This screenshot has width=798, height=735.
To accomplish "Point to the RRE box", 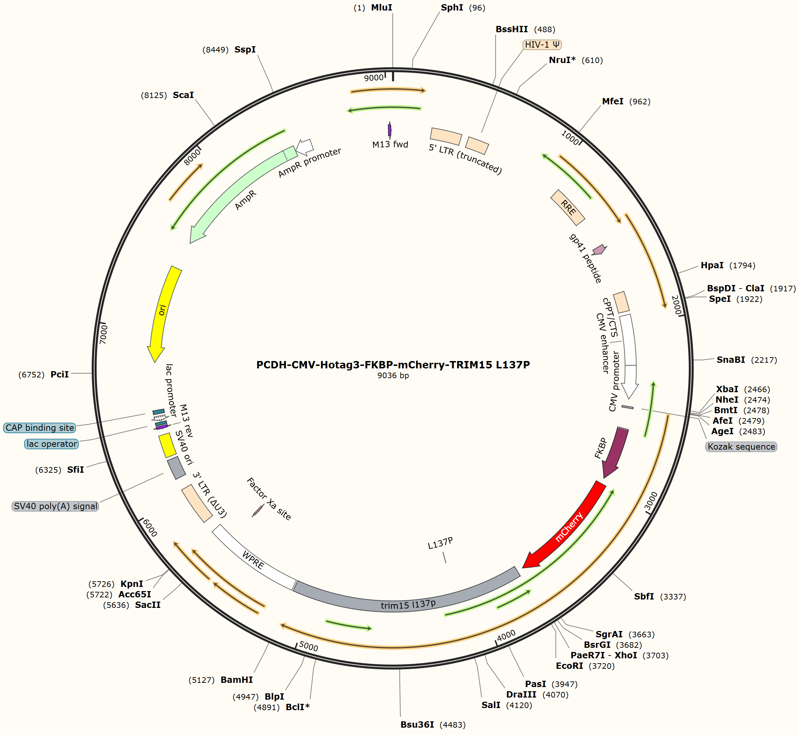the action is [x=568, y=207].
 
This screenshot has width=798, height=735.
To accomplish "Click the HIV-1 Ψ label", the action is [x=542, y=44].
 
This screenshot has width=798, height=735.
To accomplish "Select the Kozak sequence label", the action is [x=741, y=447].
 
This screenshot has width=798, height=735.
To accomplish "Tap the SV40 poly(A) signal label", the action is [x=55, y=506].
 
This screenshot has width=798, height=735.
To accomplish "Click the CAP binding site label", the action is [x=40, y=428].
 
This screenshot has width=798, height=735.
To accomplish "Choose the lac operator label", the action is [x=52, y=444].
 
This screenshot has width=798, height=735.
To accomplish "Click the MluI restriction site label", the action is [x=382, y=8].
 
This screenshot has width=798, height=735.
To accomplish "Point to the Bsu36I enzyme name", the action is [x=417, y=724].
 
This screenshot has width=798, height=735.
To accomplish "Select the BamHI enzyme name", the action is [x=237, y=680].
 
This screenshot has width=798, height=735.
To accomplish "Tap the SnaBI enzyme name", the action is [x=731, y=360].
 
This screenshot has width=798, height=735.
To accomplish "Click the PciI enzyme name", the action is [x=59, y=375].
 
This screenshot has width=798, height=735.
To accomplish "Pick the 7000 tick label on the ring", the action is [x=103, y=334].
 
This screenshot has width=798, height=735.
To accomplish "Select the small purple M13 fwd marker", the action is [x=390, y=130].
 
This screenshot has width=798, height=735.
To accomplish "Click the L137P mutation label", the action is [x=440, y=543].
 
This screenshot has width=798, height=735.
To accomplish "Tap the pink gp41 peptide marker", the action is [x=599, y=249].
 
